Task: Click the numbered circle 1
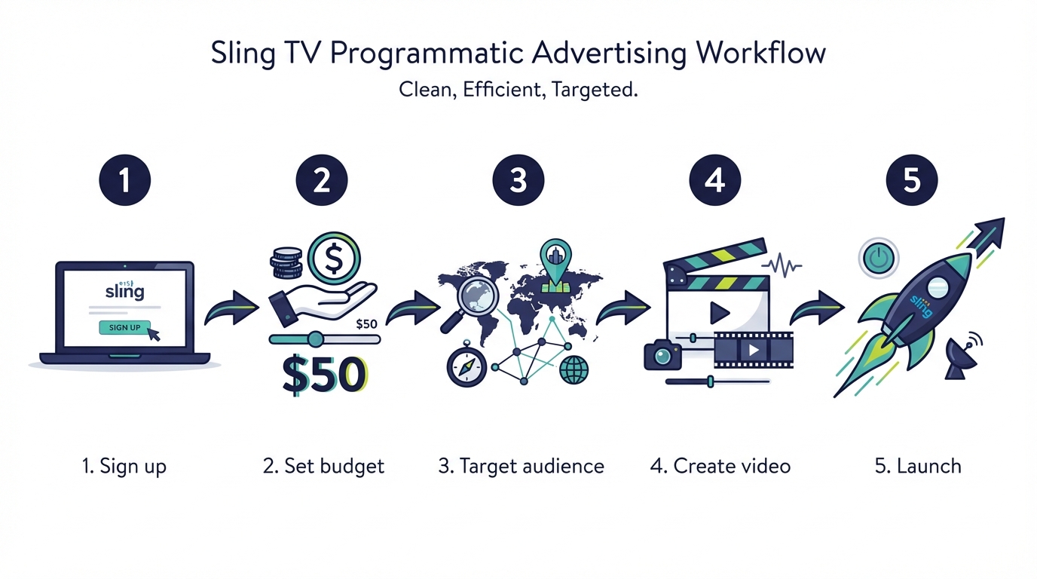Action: tap(125, 181)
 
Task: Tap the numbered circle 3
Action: tap(518, 181)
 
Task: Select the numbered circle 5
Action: tap(912, 181)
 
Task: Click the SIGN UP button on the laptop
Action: tap(124, 327)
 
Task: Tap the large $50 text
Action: tap(325, 375)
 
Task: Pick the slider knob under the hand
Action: tap(316, 339)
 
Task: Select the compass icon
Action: tap(466, 367)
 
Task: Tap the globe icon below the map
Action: tap(574, 369)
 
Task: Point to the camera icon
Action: tap(662, 354)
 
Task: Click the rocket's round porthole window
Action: tap(937, 285)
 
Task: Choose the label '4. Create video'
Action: tap(720, 466)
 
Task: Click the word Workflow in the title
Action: tap(761, 54)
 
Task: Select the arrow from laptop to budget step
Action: tap(232, 309)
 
